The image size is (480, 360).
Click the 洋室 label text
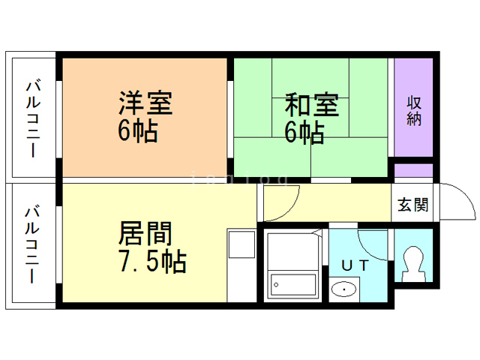pyautogui.click(x=145, y=103)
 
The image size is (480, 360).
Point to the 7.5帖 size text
pyautogui.click(x=152, y=262)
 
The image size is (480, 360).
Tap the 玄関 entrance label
pyautogui.click(x=412, y=205)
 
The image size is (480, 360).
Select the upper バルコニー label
pyautogui.click(x=34, y=116)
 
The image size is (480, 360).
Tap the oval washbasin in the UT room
pyautogui.click(x=344, y=289)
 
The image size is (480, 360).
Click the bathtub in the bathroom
pyautogui.click(x=292, y=284)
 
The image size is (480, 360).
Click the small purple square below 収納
pyautogui.click(x=414, y=170)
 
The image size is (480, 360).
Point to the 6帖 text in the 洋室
pyautogui.click(x=136, y=132)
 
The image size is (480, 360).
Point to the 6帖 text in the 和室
pyautogui.click(x=304, y=133)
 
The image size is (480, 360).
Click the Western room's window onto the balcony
pyautogui.click(x=59, y=116)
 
